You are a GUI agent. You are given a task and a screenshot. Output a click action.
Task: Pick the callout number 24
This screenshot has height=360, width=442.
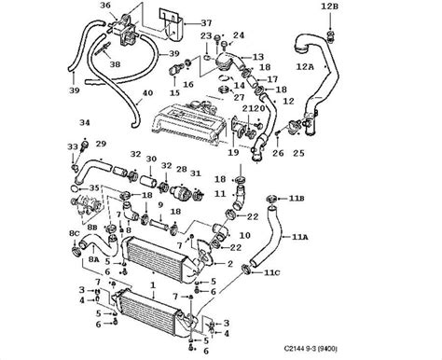click(x=239, y=36)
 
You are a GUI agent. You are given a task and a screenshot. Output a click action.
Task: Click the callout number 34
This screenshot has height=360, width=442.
click(x=84, y=123)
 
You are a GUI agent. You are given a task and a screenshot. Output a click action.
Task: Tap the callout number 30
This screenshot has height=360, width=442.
click(x=151, y=159)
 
